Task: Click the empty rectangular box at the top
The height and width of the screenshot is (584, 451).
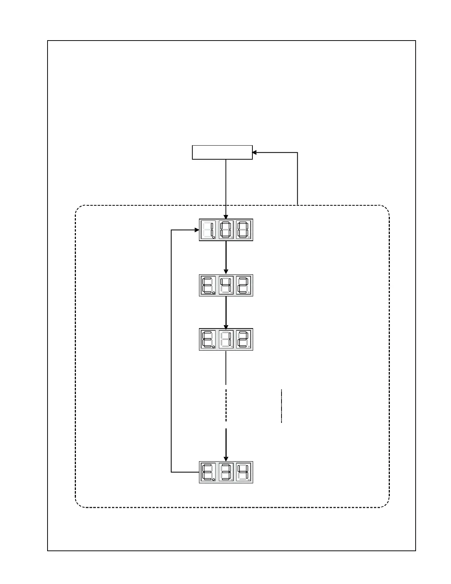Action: [222, 152]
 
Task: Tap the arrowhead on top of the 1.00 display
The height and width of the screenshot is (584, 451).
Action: [226, 217]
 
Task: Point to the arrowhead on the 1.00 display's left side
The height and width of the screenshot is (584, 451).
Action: [197, 230]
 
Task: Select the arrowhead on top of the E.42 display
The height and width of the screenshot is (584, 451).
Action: [226, 272]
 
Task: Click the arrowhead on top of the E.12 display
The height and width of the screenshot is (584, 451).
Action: [226, 326]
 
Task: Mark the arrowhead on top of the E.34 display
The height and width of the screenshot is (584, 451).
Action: [226, 459]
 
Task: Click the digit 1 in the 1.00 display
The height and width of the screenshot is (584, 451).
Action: [209, 230]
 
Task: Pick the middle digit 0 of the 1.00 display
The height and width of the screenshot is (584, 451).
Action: [226, 230]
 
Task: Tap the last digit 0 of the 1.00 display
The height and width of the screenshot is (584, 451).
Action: [244, 230]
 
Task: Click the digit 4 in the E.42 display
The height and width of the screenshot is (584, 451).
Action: [226, 285]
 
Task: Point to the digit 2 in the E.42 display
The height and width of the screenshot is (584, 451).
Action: [244, 285]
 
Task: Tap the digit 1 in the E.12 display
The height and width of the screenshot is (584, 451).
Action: [226, 339]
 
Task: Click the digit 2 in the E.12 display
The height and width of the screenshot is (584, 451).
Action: [244, 339]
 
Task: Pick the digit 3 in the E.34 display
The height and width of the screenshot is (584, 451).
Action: [226, 472]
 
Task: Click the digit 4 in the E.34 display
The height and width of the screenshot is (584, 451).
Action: [244, 472]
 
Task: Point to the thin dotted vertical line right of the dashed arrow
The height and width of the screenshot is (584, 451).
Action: [282, 406]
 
